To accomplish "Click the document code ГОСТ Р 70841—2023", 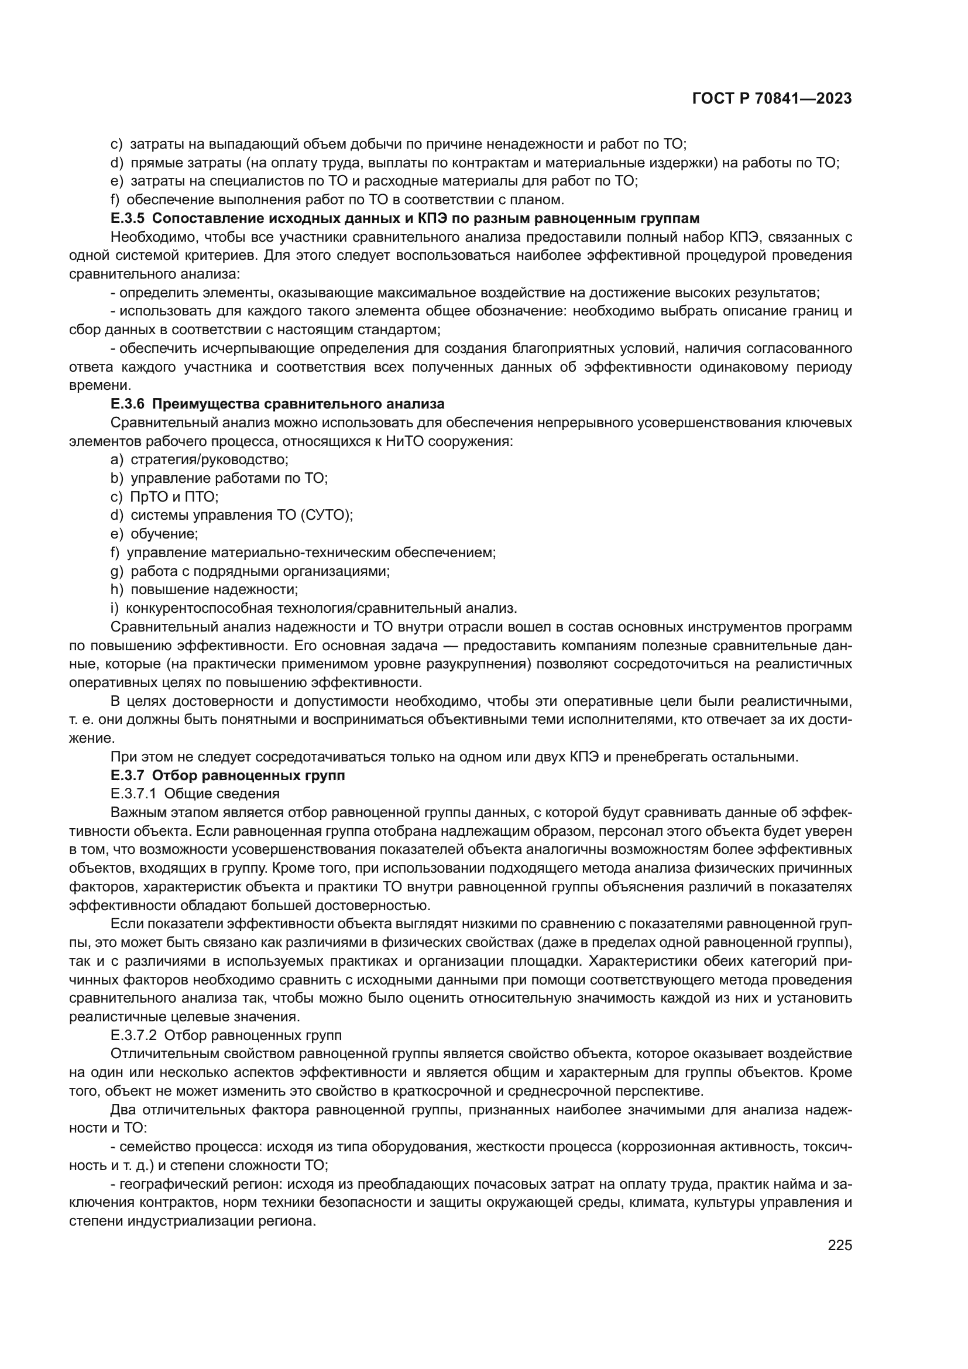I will tap(772, 99).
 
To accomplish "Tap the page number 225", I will tap(840, 1245).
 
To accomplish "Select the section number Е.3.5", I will tap(128, 218).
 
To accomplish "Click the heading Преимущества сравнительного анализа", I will tap(298, 404).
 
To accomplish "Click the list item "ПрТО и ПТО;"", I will tap(174, 496).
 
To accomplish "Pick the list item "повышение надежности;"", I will tap(214, 589).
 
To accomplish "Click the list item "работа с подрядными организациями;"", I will tap(260, 571).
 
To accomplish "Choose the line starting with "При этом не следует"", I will tap(453, 757).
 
